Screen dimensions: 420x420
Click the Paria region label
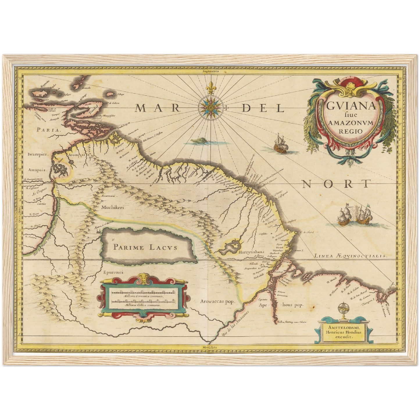49,130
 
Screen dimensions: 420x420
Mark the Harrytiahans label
251,252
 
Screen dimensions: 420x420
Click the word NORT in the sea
337,184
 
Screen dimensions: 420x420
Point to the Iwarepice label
37,154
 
